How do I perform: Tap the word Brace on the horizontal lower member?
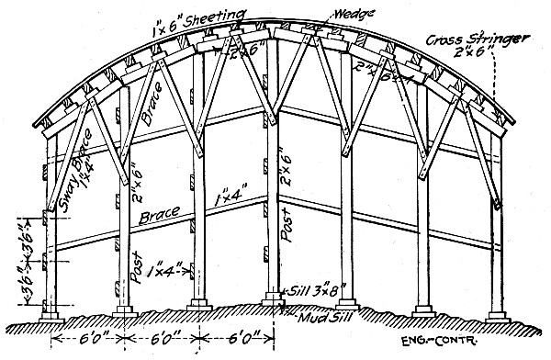[158, 219]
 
